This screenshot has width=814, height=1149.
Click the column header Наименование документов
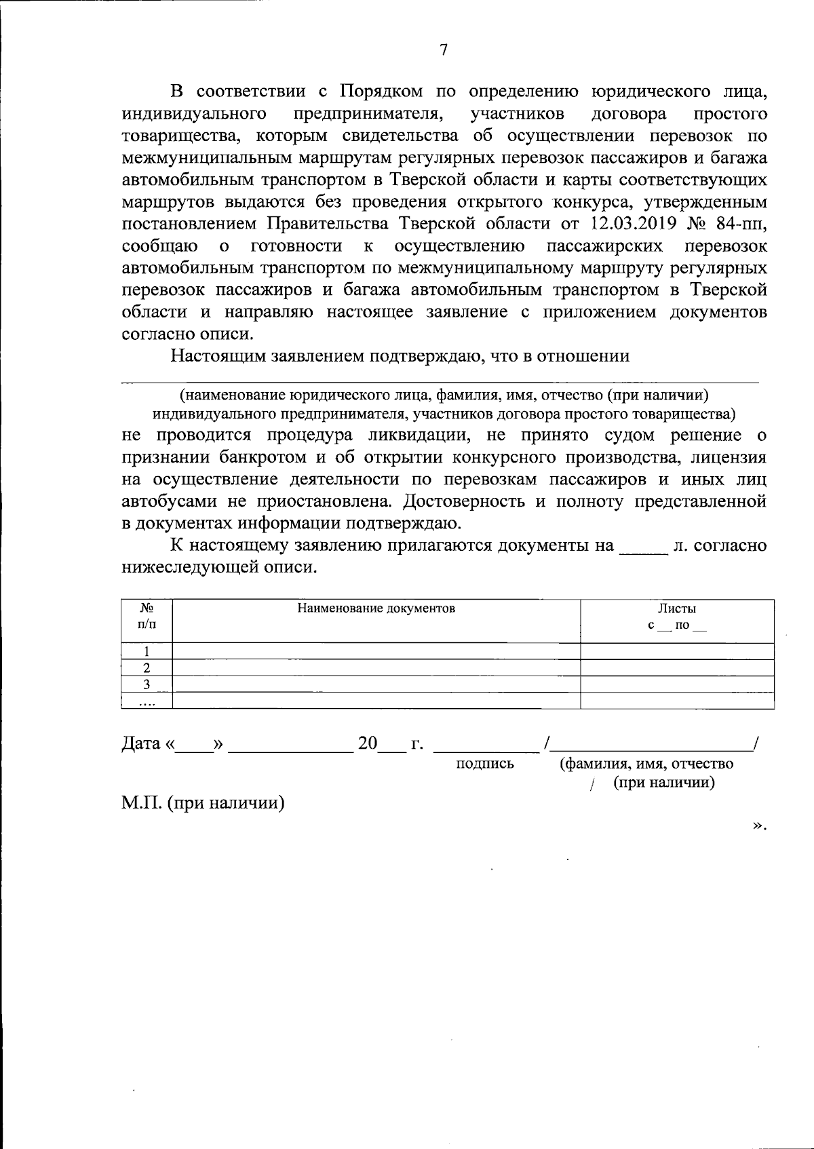376,608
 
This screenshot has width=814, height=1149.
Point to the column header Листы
676,608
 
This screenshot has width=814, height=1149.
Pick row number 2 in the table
147,668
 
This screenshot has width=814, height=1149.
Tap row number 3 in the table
147,684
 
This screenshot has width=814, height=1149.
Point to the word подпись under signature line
485,764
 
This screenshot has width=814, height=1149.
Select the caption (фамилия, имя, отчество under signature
646,764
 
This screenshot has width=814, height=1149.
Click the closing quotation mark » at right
758,825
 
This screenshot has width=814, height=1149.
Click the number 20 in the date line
368,743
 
